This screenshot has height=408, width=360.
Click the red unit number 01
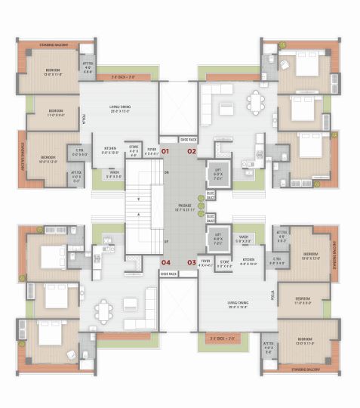165,151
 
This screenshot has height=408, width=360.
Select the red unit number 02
192,151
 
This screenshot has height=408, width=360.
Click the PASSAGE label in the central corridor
185,205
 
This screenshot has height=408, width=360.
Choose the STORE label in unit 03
225,264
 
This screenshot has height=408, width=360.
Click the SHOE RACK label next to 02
189,139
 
